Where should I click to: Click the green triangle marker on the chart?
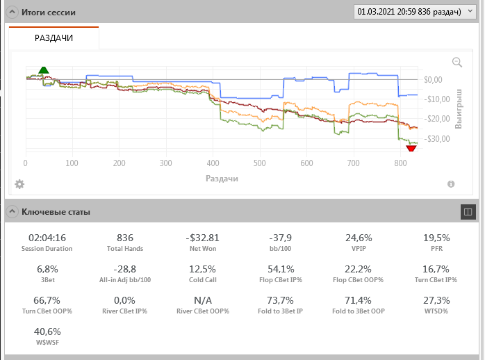[44, 69]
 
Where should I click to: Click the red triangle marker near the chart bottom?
[411, 147]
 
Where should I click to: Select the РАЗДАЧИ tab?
[54, 38]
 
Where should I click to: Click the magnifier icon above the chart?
[457, 63]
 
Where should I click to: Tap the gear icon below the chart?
[19, 184]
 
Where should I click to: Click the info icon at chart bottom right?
[451, 184]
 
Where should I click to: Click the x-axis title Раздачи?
[222, 179]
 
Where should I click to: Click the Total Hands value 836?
[125, 238]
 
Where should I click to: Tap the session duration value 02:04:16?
[47, 238]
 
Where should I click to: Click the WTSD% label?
[436, 311]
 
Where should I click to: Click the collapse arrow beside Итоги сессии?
[13, 13]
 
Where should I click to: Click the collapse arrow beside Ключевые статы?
[13, 211]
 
